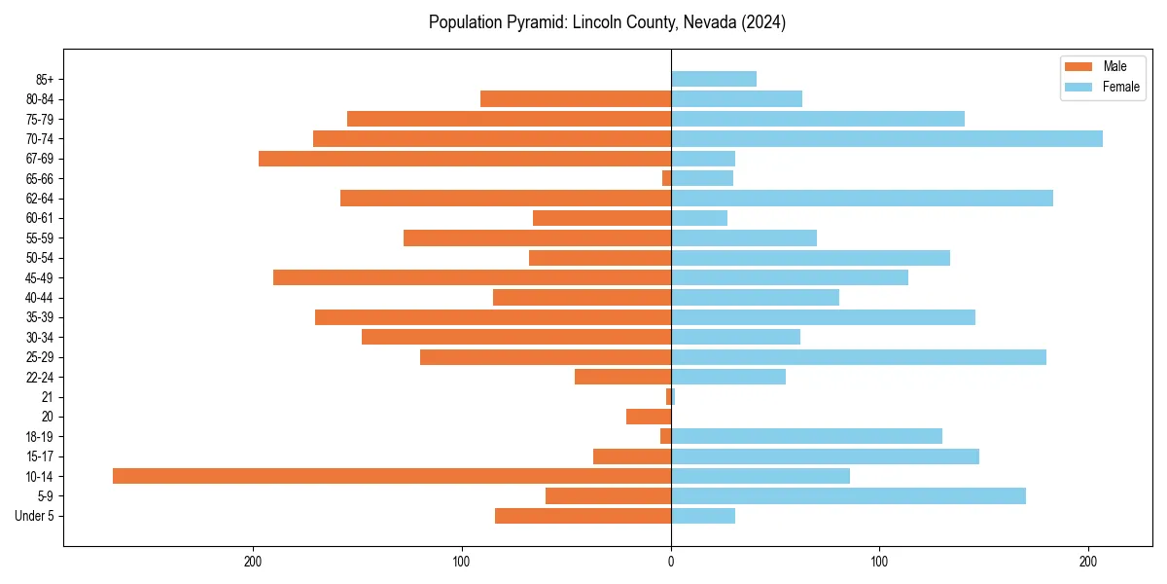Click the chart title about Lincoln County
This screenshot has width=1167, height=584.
coord(607,22)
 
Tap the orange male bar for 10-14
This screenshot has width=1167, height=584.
coord(392,476)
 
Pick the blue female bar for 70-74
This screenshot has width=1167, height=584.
coord(887,139)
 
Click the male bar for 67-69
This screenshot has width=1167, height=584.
coord(465,159)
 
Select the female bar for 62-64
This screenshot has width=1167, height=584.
coord(862,199)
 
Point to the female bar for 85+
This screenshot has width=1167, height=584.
coord(714,79)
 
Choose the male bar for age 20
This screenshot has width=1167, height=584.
coord(649,417)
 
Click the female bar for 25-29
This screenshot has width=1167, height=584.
coord(859,357)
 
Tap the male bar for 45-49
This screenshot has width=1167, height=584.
coord(472,277)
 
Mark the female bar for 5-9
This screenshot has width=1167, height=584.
coord(848,496)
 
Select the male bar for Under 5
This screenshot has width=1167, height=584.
coord(583,516)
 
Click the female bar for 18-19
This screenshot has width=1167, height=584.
coord(806,436)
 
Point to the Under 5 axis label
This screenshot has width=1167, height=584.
coord(34,516)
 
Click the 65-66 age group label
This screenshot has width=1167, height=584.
coord(40,179)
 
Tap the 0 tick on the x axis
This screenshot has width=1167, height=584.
coord(671,562)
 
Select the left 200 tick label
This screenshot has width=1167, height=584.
coord(253,562)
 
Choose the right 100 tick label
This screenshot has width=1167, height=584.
coord(879,562)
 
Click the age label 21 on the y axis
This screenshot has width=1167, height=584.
coord(48,397)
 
